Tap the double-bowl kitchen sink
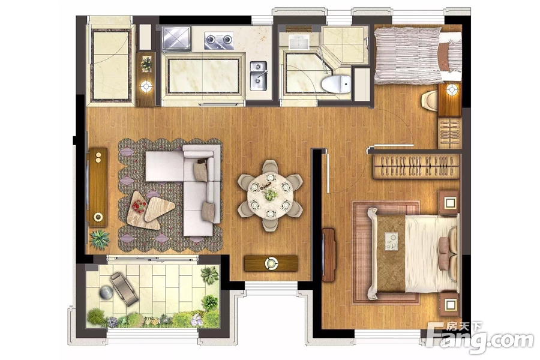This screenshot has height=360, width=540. (258, 76)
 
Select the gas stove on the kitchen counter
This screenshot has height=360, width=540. (218, 41)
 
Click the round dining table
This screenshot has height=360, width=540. (271, 196)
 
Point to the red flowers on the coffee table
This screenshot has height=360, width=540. (139, 206)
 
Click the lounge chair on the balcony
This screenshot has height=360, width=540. (124, 289)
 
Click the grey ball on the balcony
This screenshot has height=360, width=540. (106, 293)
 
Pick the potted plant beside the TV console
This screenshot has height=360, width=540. (100, 238)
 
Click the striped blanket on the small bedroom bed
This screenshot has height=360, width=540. (408, 55)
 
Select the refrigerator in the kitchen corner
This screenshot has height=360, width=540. (176, 39)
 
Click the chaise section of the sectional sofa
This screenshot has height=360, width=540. (164, 166)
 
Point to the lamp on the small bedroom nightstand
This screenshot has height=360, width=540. (451, 90)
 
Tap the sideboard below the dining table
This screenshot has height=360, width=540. (271, 263)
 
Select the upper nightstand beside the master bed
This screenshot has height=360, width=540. (449, 203)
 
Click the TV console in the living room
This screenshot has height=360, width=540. (98, 188)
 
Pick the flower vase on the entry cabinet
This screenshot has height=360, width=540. (147, 64)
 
